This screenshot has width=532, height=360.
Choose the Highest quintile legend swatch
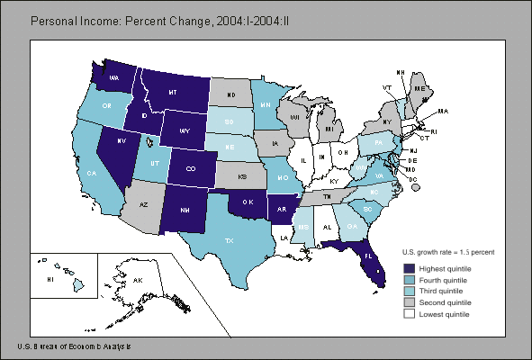tap(410, 267)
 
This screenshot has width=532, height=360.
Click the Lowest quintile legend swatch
tap(410, 314)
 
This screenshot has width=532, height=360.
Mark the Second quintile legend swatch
tap(410, 302)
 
